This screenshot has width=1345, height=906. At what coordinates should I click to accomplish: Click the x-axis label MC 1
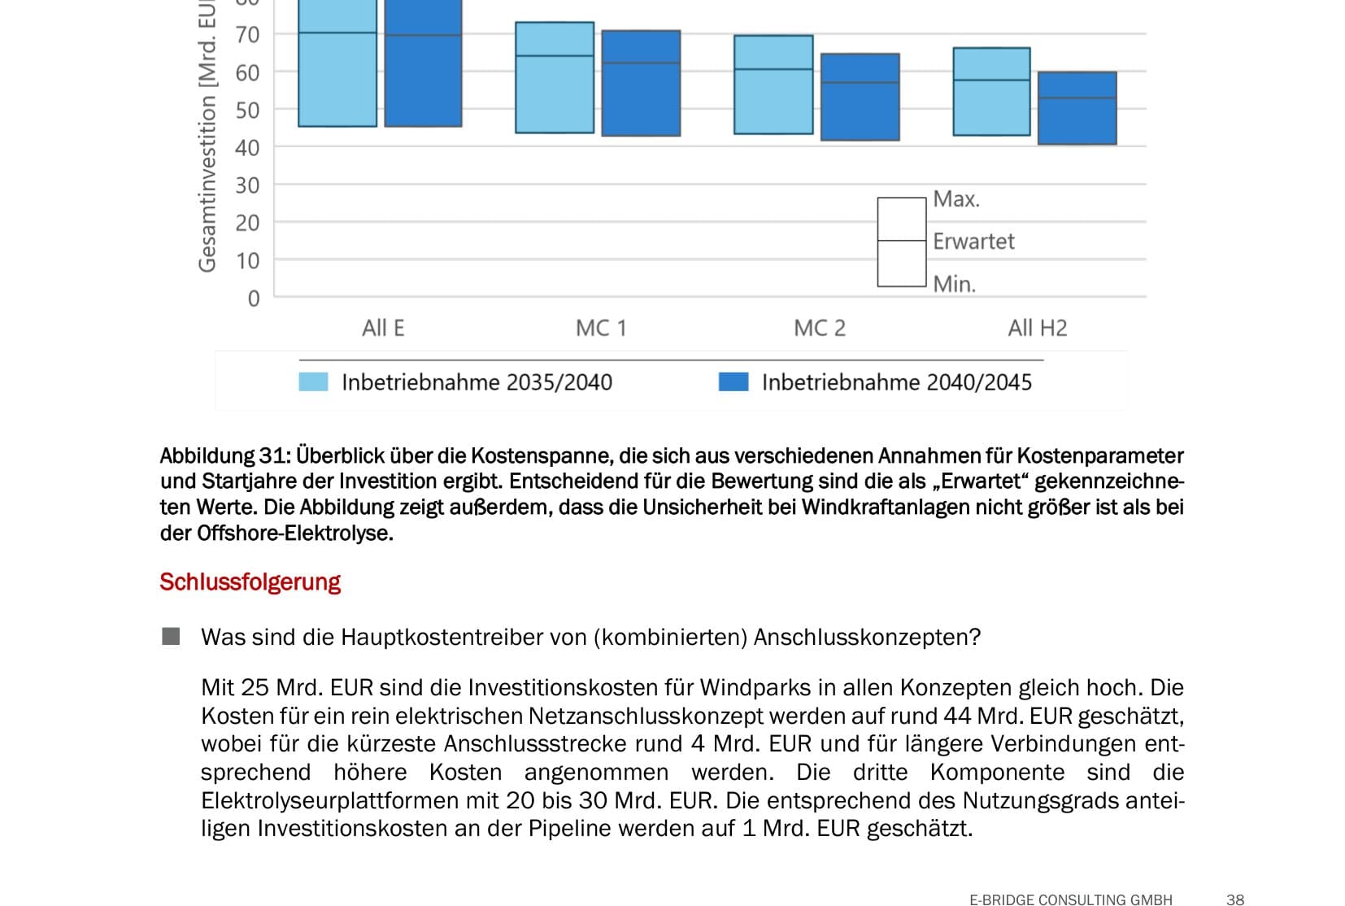point(601,328)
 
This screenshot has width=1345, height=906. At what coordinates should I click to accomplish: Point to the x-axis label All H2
point(1038,328)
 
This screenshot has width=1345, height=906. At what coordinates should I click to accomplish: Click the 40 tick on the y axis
point(247,148)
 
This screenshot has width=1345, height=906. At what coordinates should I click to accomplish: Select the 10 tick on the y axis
point(247,261)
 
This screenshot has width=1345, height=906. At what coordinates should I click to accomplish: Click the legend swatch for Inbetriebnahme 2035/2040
point(313,382)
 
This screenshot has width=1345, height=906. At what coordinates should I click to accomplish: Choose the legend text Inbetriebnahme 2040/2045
point(896,382)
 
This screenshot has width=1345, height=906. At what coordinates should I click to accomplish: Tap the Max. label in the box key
point(956,199)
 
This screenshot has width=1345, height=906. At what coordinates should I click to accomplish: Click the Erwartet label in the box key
point(973,242)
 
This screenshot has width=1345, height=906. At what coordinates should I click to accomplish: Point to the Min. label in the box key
point(954,284)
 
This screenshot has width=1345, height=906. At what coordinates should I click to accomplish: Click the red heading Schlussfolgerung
point(250,582)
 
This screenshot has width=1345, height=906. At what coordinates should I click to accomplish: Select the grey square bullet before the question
point(171,636)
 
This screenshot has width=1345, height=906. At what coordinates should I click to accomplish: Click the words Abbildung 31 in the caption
point(224,455)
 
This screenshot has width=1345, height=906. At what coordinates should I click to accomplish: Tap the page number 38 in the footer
point(1234,899)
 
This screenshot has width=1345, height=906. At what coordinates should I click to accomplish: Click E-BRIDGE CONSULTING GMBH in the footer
point(1070,899)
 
